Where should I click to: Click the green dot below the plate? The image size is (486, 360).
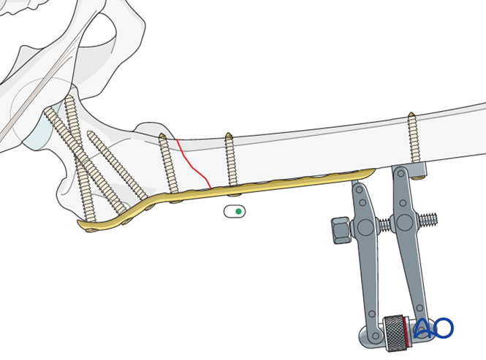coord(238,212)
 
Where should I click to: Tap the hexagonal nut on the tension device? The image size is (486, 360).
coord(341,230)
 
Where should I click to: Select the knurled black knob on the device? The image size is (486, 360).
coord(394,334)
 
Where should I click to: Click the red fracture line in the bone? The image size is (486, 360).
coord(194,164)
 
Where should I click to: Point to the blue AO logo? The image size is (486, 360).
coord(434,328)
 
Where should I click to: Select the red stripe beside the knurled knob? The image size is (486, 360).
coord(406,332)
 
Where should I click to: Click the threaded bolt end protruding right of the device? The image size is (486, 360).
coord(428,219)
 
